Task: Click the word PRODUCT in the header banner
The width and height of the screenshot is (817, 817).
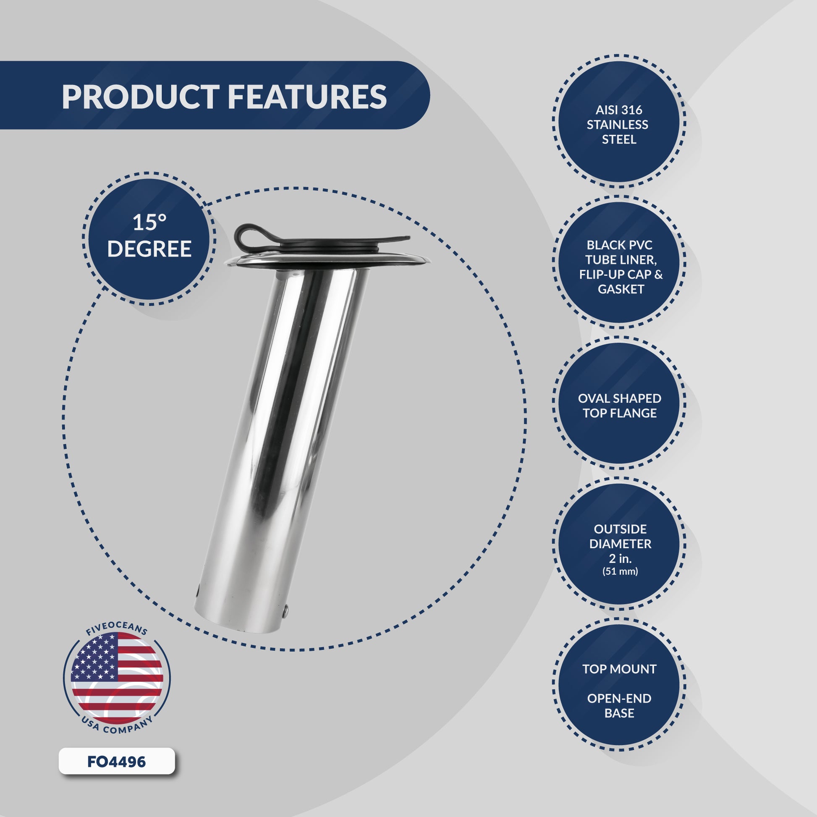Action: [140, 97]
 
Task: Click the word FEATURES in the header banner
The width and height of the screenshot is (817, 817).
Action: [307, 97]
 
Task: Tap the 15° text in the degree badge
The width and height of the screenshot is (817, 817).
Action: [149, 223]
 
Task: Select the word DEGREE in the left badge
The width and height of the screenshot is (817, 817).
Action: [149, 249]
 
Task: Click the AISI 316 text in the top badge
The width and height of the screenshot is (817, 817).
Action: [619, 110]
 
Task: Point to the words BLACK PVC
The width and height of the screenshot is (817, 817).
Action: [619, 245]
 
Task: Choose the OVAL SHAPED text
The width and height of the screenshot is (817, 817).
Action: [620, 398]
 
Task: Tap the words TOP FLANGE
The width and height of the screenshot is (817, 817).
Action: [620, 413]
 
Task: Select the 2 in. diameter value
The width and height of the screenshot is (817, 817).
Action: [620, 558]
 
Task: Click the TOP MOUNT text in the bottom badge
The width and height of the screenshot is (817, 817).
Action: [619, 669]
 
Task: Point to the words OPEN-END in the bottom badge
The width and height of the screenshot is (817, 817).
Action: [619, 699]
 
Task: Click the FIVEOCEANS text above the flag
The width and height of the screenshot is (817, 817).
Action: [117, 631]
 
